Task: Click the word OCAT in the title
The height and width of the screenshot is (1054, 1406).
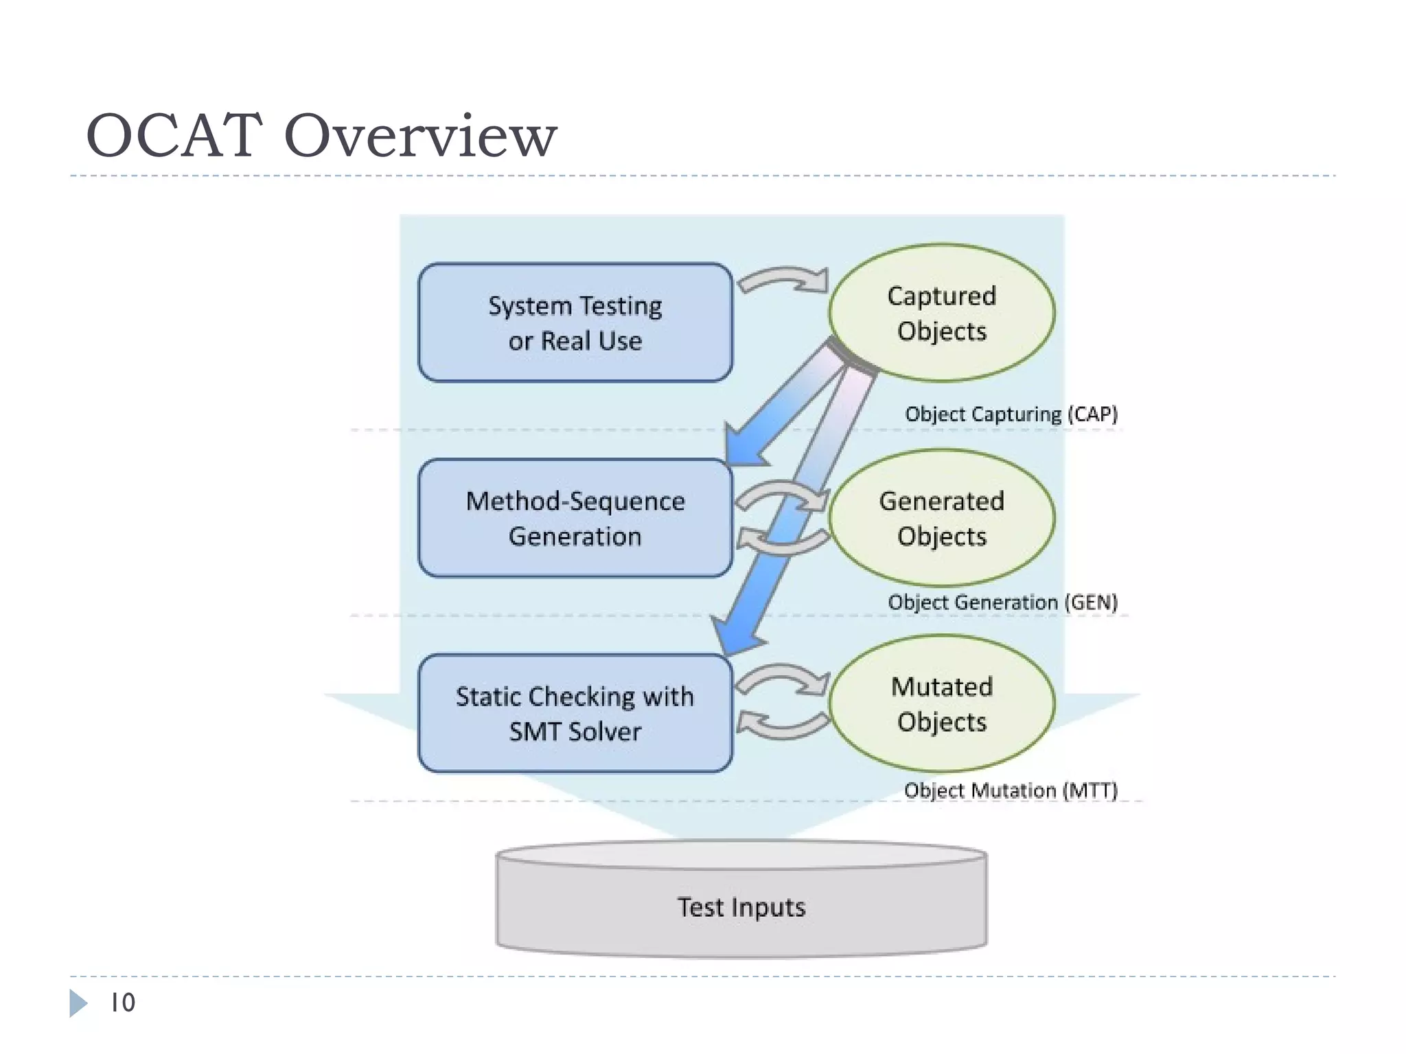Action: [x=174, y=135]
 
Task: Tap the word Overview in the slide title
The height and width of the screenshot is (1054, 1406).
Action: [x=420, y=135]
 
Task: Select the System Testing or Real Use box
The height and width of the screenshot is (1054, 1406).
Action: [x=575, y=323]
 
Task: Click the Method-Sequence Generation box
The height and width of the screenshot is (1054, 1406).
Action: [x=575, y=518]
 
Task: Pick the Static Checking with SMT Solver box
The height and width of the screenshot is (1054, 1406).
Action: [x=575, y=714]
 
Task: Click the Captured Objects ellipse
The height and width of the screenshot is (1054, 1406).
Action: [x=941, y=313]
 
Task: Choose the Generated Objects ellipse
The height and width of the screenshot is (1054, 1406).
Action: [x=941, y=518]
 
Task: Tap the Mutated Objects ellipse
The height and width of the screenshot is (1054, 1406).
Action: [x=941, y=703]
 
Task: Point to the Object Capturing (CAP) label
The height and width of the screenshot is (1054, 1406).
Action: [x=1011, y=414]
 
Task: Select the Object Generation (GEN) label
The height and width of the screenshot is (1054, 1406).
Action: [x=1002, y=602]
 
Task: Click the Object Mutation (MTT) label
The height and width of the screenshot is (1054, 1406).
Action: [x=1011, y=790]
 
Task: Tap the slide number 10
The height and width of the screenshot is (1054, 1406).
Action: [x=123, y=1003]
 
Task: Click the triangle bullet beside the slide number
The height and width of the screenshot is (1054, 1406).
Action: [x=78, y=1003]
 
